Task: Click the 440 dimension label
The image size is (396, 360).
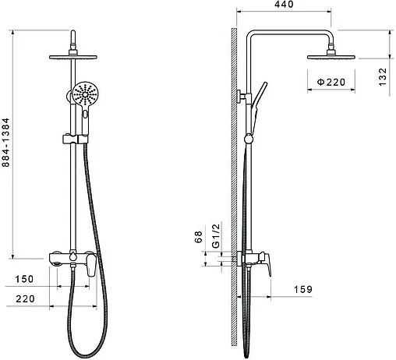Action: (284, 4)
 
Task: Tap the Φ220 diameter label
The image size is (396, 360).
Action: (331, 82)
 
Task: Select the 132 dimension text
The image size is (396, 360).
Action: (383, 77)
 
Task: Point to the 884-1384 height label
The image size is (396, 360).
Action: (5, 143)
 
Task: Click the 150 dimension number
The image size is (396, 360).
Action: (24, 279)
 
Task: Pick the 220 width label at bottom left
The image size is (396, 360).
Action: (25, 298)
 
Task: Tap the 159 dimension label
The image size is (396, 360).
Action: (302, 289)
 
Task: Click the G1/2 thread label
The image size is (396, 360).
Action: (216, 235)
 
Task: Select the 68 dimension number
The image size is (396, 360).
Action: (198, 237)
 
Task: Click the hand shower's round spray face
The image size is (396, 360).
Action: (85, 94)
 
